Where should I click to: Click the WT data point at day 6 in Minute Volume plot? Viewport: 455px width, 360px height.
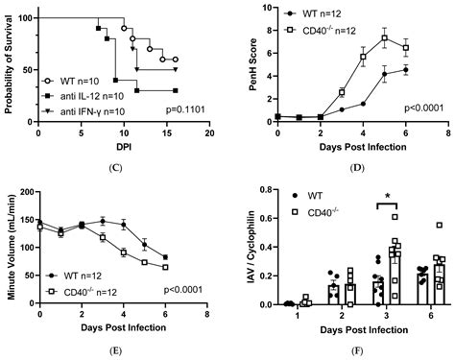(167, 257)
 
